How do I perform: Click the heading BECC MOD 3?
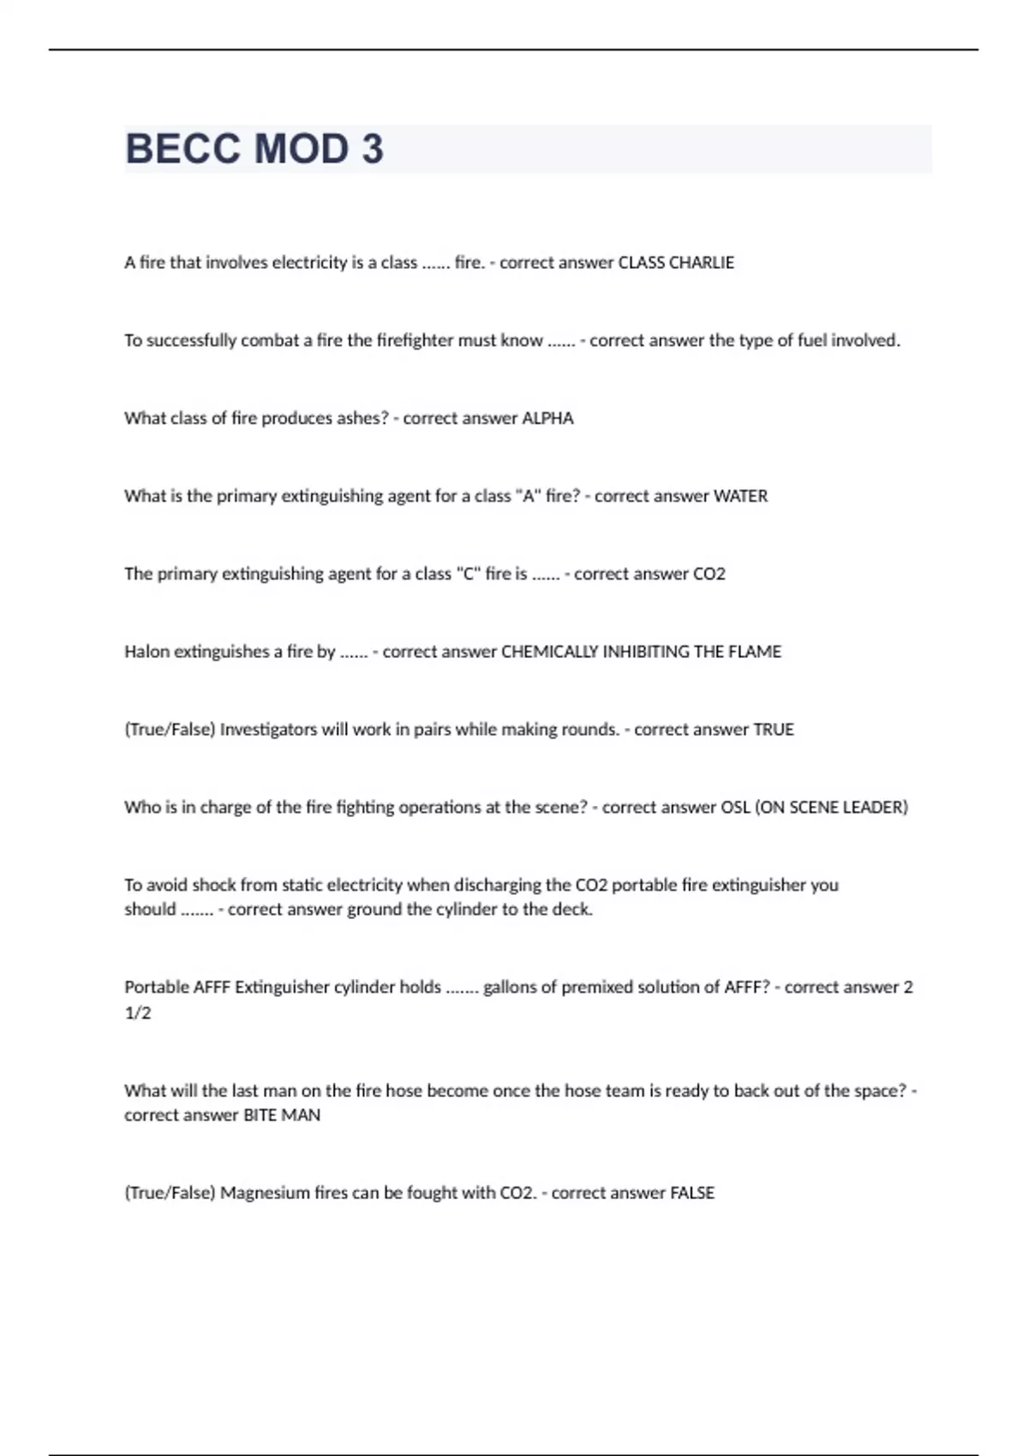(x=254, y=149)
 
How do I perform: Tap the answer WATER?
(x=740, y=497)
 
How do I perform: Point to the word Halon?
(x=146, y=652)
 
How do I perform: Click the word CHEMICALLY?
(x=549, y=652)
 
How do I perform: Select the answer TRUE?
(x=773, y=730)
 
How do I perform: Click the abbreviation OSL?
(x=735, y=808)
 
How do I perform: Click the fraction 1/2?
(x=138, y=1013)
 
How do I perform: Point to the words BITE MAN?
(x=282, y=1115)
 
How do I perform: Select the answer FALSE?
(x=691, y=1193)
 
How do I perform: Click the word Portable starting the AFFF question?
(x=156, y=988)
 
